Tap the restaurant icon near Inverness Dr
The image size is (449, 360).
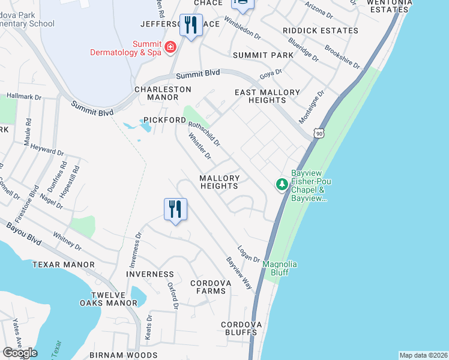tap(175, 209)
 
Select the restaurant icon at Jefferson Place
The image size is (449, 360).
tap(191, 25)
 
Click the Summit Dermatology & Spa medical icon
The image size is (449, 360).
tap(170, 47)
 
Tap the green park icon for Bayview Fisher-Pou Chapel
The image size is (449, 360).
tap(282, 184)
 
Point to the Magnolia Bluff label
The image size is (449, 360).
tap(280, 268)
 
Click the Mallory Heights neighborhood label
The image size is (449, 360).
tap(220, 182)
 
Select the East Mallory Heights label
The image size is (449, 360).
tap(267, 96)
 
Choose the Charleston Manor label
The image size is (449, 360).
tap(162, 93)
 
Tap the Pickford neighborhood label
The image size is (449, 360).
tap(164, 120)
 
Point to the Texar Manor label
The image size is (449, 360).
tap(64, 265)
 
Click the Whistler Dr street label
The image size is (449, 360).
tap(200, 147)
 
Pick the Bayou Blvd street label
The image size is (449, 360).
tap(24, 234)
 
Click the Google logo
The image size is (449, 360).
tap(20, 353)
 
